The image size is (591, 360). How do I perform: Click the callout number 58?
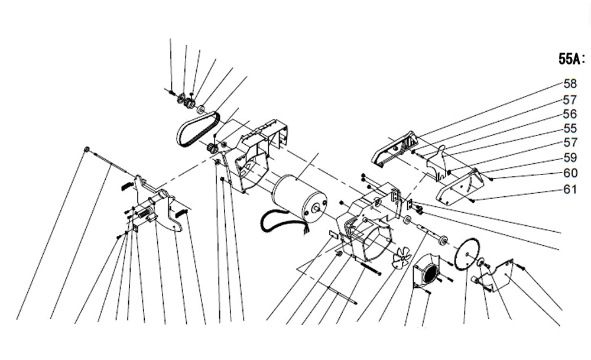click(x=570, y=83)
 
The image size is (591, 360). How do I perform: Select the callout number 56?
click(x=570, y=113)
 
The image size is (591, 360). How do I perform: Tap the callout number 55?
click(x=570, y=128)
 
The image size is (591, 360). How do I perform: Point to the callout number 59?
click(x=570, y=157)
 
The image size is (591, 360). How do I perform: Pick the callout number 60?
click(x=570, y=173)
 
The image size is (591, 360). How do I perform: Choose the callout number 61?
click(x=570, y=189)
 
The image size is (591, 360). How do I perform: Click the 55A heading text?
click(x=571, y=59)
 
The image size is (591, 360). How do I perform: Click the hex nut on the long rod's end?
click(x=87, y=149)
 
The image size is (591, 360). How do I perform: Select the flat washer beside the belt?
click(x=201, y=109)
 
